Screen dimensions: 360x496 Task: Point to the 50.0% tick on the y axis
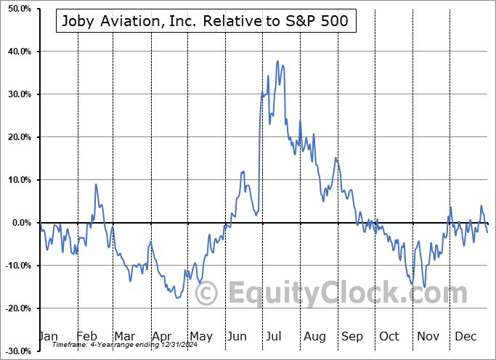pyautogui.click(x=17, y=9)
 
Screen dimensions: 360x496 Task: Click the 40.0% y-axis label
pyautogui.click(x=17, y=52)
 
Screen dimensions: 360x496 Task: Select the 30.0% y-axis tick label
pyautogui.click(x=17, y=94)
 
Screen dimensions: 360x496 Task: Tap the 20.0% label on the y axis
pyautogui.click(x=17, y=137)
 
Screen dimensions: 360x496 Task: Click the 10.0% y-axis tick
pyautogui.click(x=17, y=180)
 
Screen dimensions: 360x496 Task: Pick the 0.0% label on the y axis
pyautogui.click(x=20, y=223)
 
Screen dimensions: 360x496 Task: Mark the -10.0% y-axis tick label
pyautogui.click(x=16, y=266)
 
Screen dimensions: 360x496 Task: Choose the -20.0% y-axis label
pyautogui.click(x=16, y=308)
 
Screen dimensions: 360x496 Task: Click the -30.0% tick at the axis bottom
pyautogui.click(x=16, y=351)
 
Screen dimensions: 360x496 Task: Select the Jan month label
pyautogui.click(x=48, y=336)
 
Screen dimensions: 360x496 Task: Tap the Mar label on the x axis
pyautogui.click(x=123, y=336)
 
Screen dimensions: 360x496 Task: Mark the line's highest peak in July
pyautogui.click(x=277, y=62)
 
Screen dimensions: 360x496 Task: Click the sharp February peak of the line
pyautogui.click(x=96, y=184)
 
